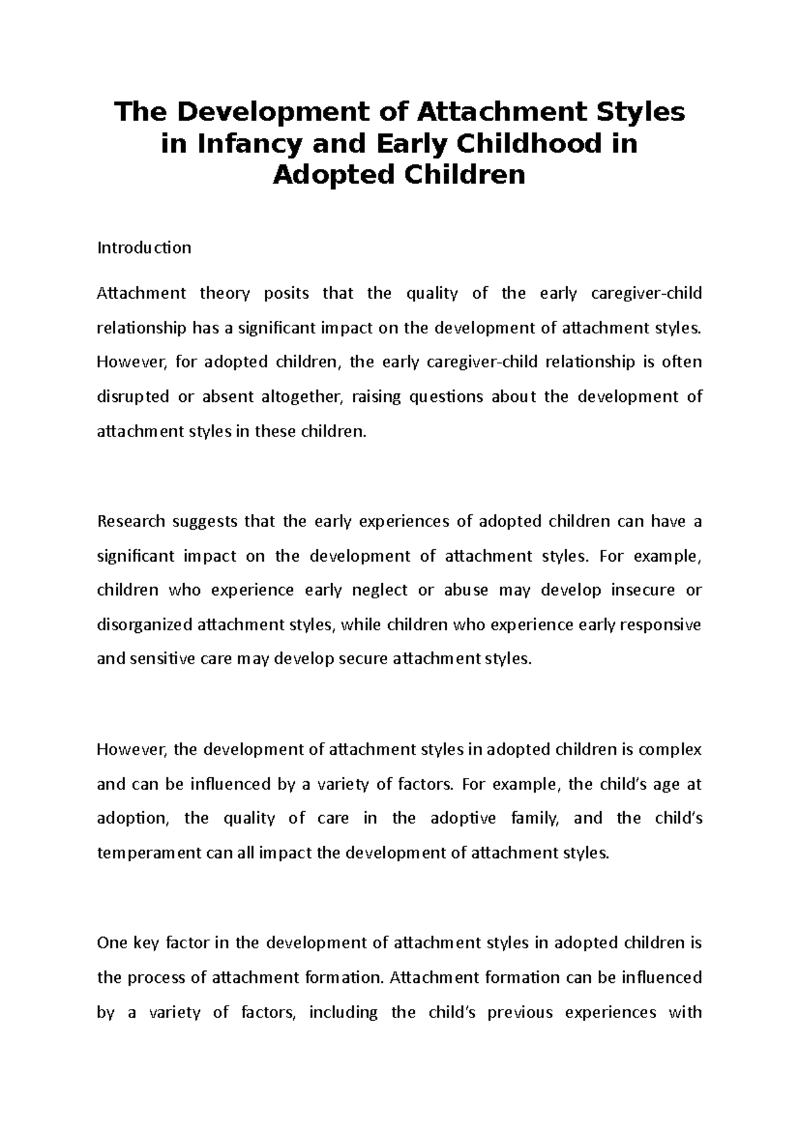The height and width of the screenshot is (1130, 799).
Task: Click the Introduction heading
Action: [x=144, y=248]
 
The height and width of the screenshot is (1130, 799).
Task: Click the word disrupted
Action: [x=133, y=397]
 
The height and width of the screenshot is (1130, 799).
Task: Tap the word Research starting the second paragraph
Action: [x=131, y=521]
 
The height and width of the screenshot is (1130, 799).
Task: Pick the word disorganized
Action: [x=144, y=625]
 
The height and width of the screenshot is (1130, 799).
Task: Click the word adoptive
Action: [x=463, y=819]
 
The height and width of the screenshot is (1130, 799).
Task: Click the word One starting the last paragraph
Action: [x=111, y=943]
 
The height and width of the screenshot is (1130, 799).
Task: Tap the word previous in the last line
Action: [x=521, y=1013]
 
